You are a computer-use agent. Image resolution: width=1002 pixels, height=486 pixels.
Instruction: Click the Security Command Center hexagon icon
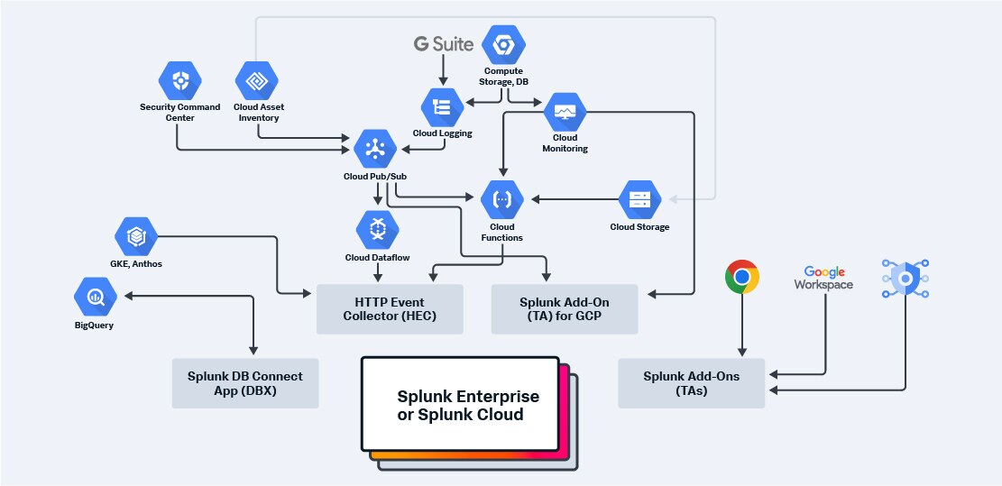[179, 81]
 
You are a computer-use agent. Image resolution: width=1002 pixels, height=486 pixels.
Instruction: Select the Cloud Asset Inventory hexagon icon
[257, 81]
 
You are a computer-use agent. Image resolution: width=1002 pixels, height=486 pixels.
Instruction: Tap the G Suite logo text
[443, 43]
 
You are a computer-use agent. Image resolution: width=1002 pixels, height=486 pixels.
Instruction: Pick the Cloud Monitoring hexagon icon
[565, 112]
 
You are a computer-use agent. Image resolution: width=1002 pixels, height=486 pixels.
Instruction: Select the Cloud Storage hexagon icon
[639, 199]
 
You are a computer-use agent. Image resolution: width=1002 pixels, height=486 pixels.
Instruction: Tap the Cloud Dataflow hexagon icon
[376, 230]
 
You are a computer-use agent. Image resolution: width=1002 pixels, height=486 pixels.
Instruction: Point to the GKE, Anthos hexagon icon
[136, 236]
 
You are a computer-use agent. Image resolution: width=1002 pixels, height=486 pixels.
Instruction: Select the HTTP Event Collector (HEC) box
[390, 309]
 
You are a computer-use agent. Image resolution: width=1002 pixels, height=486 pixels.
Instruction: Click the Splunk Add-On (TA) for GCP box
[564, 309]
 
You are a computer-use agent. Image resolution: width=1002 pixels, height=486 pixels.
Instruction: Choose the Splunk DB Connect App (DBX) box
[245, 382]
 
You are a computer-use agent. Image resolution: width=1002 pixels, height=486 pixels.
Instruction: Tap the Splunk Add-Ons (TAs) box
[691, 382]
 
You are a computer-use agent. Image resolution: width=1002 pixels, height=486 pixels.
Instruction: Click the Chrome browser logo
[741, 278]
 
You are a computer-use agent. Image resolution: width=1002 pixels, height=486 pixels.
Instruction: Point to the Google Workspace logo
[823, 278]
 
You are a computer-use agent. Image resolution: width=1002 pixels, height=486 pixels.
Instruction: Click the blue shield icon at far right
[904, 279]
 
